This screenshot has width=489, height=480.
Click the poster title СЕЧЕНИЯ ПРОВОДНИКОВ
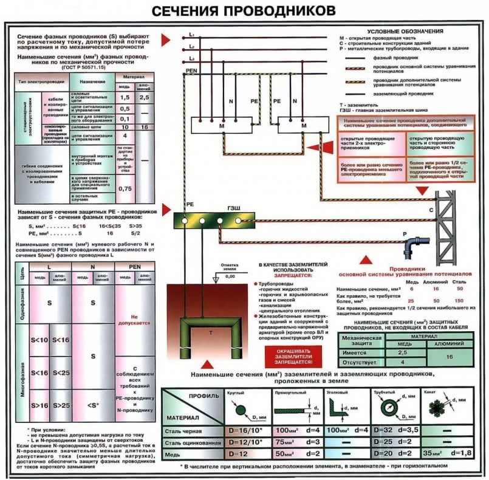coord(243,11)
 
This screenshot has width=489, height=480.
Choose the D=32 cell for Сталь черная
coord(382,430)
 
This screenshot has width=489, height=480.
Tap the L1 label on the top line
coord(191,35)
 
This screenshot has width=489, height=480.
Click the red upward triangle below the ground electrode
coord(207,365)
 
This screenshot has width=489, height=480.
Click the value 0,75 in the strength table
coord(125,188)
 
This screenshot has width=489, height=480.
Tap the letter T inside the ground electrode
coord(210,334)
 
